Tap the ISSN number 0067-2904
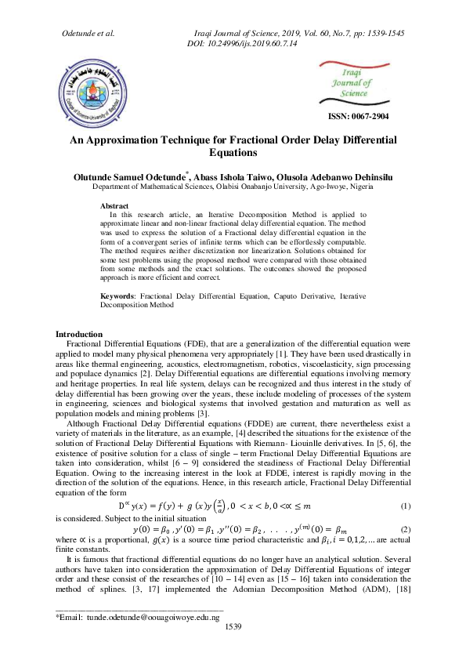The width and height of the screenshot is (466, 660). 357,117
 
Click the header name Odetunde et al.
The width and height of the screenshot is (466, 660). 88,32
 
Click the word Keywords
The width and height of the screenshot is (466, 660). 118,296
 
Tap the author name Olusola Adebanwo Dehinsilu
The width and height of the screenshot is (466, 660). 333,178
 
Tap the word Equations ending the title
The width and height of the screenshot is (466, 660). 233,153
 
